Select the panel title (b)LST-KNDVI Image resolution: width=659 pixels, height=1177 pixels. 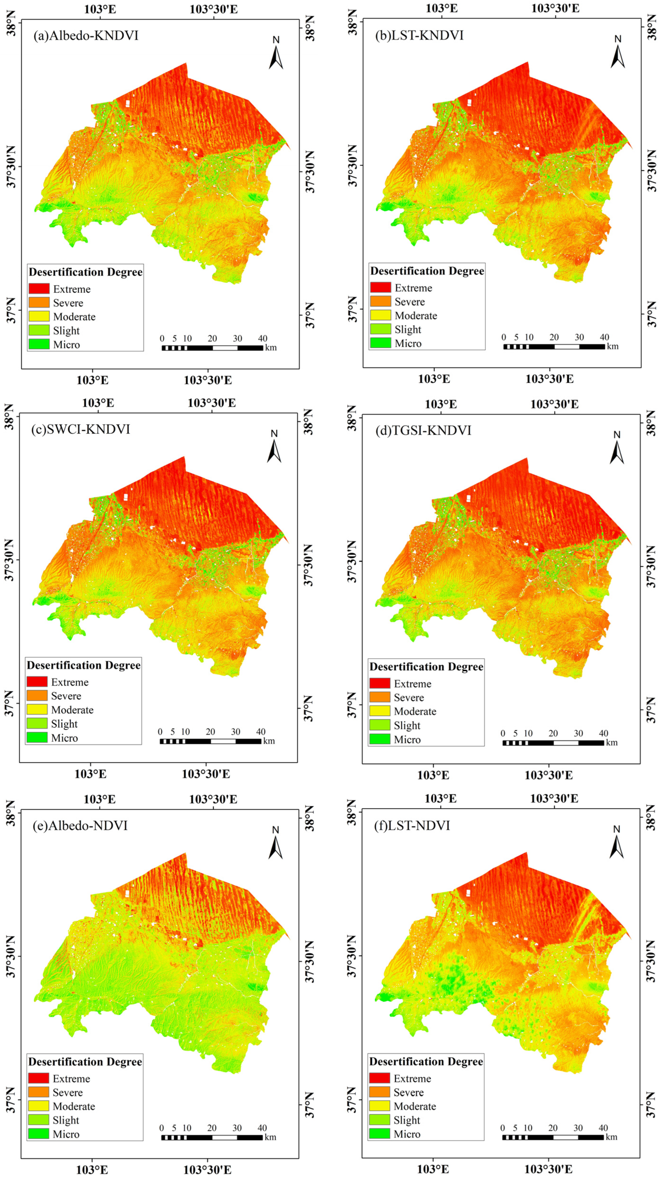419,36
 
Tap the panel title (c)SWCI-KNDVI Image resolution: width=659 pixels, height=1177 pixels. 80,430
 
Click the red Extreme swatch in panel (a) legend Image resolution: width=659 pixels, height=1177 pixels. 39,289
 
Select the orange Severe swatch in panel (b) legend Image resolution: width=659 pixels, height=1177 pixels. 380,302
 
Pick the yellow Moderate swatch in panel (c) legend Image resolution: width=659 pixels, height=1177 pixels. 36,710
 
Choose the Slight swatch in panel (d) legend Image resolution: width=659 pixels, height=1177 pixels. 379,725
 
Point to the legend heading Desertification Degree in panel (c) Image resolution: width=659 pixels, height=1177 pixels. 83,665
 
